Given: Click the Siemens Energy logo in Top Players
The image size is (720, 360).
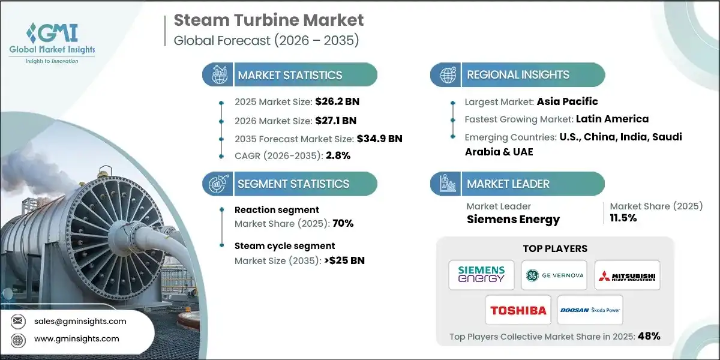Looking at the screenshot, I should tap(481, 275).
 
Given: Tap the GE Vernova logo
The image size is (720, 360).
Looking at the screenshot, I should tap(554, 275).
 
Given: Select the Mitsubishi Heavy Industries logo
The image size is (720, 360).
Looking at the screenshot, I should tap(627, 275).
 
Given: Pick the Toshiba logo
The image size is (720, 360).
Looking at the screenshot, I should tap(518, 310).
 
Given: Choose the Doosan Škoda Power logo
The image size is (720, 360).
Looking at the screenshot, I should tap(590, 310).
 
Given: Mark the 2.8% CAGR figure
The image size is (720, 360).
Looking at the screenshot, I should tap(338, 156).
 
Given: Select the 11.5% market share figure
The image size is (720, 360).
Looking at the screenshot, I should tap(625, 218).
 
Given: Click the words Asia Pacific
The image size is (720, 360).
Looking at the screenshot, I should tap(568, 101).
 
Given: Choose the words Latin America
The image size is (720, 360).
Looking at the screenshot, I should tap(612, 119).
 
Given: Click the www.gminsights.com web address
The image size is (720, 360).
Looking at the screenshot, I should tap(76, 339).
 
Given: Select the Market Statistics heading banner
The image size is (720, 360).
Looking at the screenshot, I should tap(290, 75).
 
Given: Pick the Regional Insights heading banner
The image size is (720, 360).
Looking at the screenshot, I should tap(518, 75).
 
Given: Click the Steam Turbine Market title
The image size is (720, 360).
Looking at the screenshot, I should tap(268, 20).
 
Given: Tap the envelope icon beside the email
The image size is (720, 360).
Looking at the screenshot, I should tap(18, 321).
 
